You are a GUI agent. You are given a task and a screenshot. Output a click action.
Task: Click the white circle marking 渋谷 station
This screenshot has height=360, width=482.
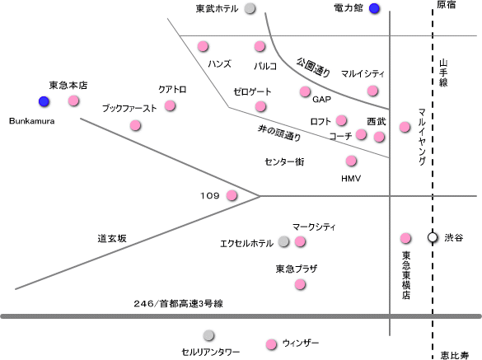tap(433, 237)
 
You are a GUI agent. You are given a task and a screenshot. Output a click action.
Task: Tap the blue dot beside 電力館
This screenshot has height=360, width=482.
tap(374, 8)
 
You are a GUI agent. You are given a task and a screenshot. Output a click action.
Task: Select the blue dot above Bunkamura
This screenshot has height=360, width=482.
tap(44, 101)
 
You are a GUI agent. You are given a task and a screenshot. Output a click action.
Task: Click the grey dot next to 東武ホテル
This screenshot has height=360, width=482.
tap(250, 8)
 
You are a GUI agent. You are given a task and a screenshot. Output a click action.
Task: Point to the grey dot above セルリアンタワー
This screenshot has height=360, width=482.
tap(208, 335)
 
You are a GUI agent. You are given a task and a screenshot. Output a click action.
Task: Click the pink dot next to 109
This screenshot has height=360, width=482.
tap(232, 195)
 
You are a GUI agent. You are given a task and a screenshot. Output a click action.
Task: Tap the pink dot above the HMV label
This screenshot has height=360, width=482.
tap(351, 161)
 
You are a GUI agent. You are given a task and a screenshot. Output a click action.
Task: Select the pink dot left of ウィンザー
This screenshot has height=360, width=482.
tap(271, 344)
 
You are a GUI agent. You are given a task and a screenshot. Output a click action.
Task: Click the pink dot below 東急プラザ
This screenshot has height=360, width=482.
tap(300, 284)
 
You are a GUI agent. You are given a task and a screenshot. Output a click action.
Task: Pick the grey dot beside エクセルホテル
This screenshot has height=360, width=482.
tap(283, 241)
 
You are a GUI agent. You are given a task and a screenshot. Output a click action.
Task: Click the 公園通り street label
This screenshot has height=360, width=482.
tap(313, 67)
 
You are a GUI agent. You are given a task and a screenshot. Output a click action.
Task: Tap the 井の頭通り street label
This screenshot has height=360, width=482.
tap(279, 133)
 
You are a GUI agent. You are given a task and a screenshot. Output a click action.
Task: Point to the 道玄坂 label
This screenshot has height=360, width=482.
tap(112, 238)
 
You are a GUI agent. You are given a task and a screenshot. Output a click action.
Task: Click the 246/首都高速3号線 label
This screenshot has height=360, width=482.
tap(178, 304)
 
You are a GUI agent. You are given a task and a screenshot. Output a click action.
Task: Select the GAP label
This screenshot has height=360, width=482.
tap(321, 100)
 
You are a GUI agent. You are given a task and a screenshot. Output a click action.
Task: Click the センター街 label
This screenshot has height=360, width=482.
tap(284, 161)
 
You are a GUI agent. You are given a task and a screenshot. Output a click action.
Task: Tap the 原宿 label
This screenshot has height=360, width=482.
tap(447, 5)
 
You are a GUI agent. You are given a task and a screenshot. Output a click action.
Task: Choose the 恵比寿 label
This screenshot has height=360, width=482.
tap(454, 355)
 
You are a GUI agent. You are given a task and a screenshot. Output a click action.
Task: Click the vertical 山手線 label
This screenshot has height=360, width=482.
tap(443, 72)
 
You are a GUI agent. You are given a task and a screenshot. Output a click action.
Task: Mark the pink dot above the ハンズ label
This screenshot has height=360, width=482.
tap(203, 46)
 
